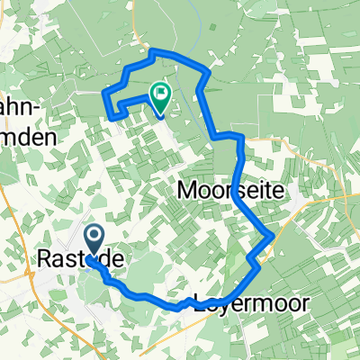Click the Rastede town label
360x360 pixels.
coord(80,258)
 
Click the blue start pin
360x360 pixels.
coord(94,243)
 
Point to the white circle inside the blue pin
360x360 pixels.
coord(94,238)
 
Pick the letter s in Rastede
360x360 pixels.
coord(74,258)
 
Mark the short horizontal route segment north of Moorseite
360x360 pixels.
coord(228,135)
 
